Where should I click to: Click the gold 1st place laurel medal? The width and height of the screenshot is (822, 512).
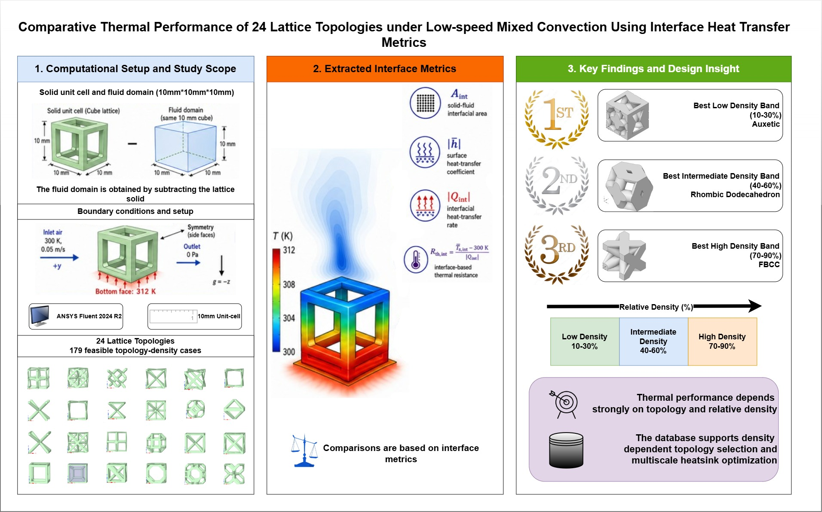[556, 119]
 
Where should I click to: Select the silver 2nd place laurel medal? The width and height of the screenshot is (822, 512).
[556, 185]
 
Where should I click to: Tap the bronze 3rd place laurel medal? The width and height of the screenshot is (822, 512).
[556, 254]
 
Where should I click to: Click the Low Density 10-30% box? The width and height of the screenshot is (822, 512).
[585, 341]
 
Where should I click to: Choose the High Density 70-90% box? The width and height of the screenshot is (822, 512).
[722, 341]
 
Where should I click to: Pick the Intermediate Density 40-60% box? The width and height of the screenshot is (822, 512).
[653, 341]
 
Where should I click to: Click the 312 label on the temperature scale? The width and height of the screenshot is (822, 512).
[289, 250]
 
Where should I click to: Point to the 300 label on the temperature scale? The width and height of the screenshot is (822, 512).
[289, 352]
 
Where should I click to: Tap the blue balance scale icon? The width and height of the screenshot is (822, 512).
[304, 451]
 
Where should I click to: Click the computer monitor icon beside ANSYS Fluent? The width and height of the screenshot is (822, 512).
[40, 316]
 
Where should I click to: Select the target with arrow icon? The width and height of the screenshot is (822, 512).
[564, 404]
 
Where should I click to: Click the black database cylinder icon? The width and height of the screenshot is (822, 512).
[566, 450]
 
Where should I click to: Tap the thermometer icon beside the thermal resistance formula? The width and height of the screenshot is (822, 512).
[416, 260]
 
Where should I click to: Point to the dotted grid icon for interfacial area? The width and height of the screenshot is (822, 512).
[425, 103]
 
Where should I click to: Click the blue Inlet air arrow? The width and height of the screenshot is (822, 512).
[59, 258]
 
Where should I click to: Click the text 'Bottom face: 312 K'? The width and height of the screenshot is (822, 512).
[126, 291]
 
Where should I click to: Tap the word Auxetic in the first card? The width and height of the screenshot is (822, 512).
[766, 124]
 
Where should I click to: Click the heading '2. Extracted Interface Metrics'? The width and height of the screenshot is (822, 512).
[385, 69]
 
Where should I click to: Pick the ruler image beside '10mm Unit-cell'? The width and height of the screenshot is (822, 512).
[173, 316]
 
